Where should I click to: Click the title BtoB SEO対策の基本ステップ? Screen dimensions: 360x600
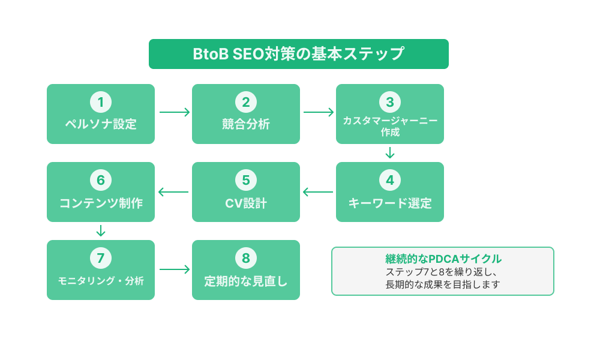(x=298, y=54)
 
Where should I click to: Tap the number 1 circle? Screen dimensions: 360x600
(x=101, y=102)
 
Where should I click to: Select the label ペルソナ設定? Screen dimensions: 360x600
(x=101, y=125)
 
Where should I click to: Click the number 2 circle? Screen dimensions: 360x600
(x=246, y=102)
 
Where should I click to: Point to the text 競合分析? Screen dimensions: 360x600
(x=246, y=125)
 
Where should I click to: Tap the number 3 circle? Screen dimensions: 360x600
(x=390, y=101)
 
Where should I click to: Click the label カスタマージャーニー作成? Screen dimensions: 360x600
(x=390, y=126)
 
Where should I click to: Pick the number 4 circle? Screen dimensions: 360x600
(x=390, y=180)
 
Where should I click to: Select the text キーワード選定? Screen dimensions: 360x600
(x=390, y=203)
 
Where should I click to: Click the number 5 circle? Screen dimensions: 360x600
(x=246, y=180)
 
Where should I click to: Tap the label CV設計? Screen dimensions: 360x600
(x=246, y=203)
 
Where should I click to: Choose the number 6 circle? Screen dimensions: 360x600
(x=101, y=180)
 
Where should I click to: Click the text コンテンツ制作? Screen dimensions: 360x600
(x=101, y=203)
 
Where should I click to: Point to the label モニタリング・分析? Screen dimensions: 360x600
(x=101, y=281)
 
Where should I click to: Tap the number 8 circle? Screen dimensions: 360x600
(x=246, y=258)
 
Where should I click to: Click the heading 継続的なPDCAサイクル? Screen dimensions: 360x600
(x=443, y=259)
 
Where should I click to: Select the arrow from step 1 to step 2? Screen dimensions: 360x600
(x=174, y=112)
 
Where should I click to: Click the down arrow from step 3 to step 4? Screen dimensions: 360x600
(x=390, y=153)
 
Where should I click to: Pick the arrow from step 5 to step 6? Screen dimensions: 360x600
(x=173, y=192)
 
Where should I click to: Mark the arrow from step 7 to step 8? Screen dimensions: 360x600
(x=174, y=270)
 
